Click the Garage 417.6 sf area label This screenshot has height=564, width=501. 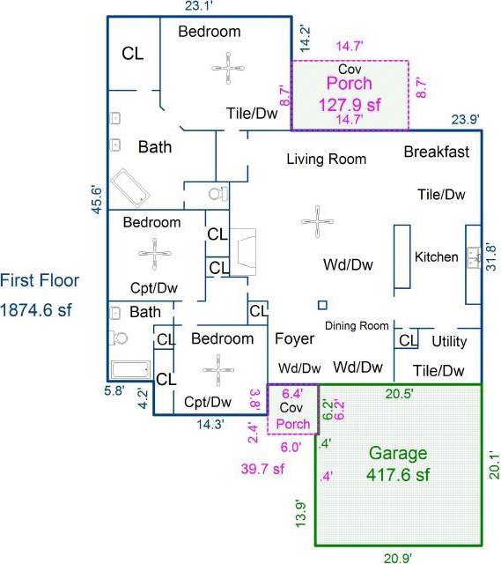point(398,464)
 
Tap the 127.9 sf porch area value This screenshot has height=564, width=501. point(350,105)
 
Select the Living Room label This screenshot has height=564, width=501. point(327,159)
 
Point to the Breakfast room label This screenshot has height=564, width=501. point(437,152)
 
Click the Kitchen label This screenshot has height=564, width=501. point(437,256)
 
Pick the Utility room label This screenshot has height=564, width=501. point(449,341)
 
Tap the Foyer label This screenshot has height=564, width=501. point(294,338)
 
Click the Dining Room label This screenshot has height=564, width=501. point(357,326)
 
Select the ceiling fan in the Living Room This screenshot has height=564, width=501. point(317,221)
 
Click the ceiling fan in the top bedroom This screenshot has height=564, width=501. point(228,68)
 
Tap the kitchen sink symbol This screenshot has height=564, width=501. point(474,257)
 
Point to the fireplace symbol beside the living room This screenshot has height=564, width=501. point(243,252)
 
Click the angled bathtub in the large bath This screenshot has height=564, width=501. point(130,188)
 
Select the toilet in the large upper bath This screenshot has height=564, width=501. point(217,194)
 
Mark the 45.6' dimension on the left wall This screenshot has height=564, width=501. point(97,200)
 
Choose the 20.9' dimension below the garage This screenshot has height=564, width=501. point(398,558)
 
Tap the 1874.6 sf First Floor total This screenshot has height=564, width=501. point(36,310)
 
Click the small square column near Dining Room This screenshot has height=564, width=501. point(323,305)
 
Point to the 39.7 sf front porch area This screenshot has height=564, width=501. point(262,469)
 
